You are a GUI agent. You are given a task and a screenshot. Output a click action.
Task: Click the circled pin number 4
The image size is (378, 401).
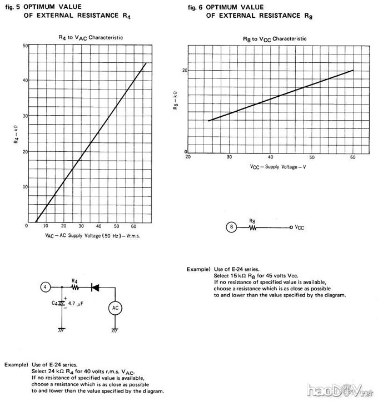coord(47,287)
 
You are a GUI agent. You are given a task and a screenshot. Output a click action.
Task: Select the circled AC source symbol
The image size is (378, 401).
coord(113,308)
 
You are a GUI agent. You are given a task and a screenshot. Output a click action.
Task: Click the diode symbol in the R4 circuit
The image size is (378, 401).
coord(95,287)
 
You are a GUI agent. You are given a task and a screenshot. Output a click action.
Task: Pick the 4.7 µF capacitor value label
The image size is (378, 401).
coord(76,304)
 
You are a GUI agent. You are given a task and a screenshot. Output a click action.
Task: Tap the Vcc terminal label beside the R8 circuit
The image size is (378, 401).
coord(299,227)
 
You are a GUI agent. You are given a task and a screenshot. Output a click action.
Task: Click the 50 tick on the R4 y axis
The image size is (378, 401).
coord(26,45)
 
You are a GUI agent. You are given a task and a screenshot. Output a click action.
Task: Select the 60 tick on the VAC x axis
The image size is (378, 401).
coord(133,226)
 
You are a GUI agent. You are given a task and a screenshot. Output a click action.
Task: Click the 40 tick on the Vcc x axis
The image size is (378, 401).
coord(270,157)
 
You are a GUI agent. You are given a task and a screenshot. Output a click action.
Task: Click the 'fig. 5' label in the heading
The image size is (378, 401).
coord(12,7)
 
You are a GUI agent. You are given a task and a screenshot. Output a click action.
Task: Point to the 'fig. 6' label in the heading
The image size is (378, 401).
coord(194,7)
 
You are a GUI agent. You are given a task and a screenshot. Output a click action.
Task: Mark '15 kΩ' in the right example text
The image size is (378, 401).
coord(237,275)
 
